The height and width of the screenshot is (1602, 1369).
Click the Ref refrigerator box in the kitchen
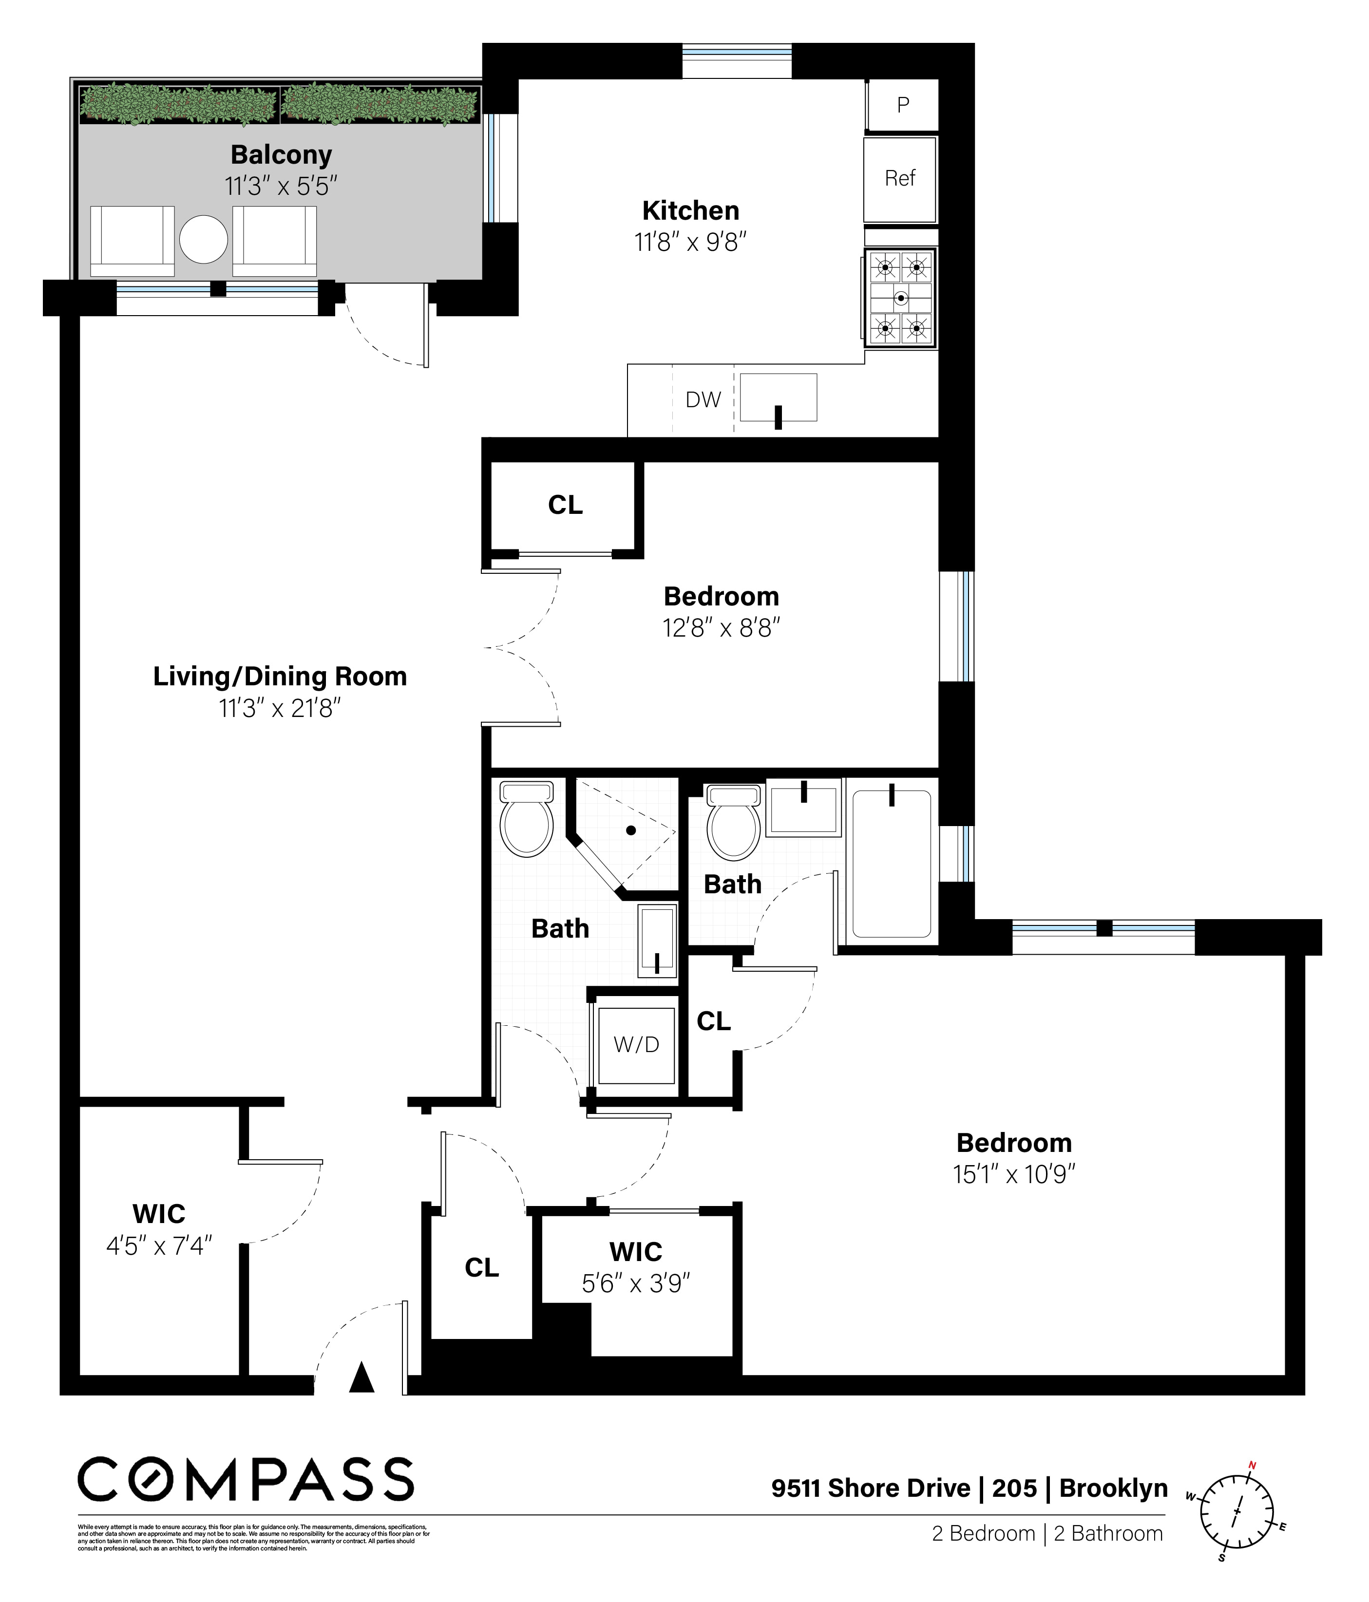coord(899,179)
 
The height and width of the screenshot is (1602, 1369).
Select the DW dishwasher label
coord(703,400)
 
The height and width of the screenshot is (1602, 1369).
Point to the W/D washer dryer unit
coord(636,1045)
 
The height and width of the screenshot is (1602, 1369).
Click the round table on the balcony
coord(204,239)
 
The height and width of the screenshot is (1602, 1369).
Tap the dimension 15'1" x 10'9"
coord(1013,1174)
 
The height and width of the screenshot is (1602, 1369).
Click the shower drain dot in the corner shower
coord(631,830)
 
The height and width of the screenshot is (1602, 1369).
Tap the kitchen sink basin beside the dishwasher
coord(778,397)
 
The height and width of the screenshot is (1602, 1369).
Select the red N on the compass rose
coord(1252,1465)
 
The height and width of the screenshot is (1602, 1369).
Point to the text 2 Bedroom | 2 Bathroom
coord(1046,1533)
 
